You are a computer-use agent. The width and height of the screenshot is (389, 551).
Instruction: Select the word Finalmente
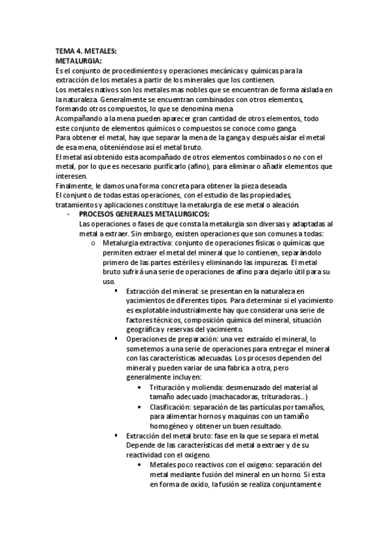pyautogui.click(x=75, y=186)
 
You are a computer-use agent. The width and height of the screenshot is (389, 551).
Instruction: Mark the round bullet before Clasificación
pyautogui.click(x=142, y=407)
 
